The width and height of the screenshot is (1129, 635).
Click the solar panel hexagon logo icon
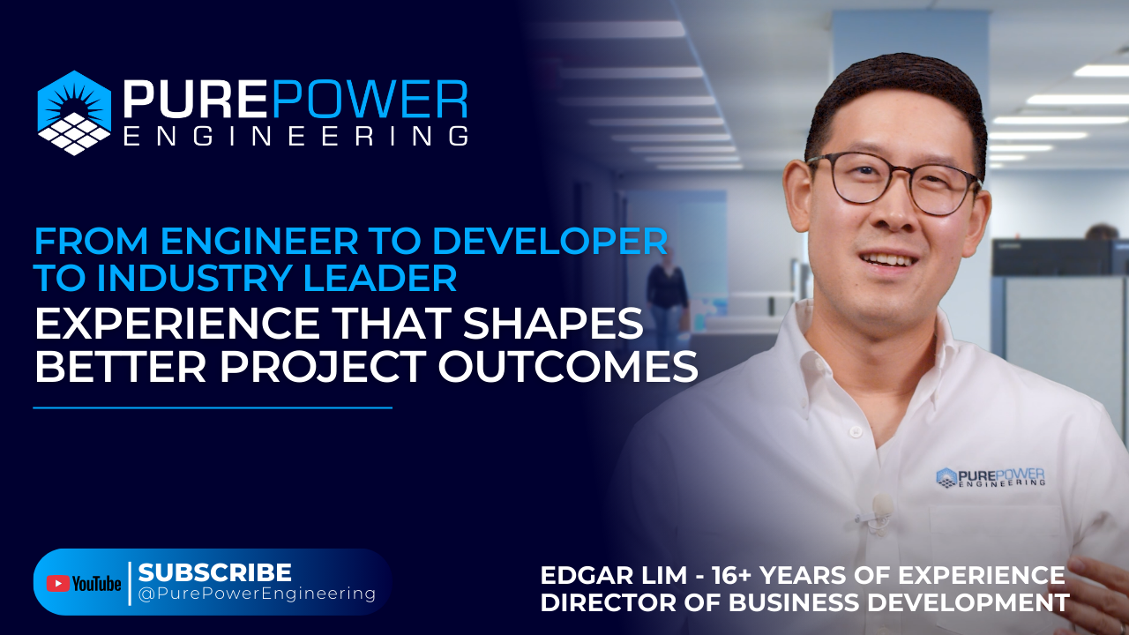pyautogui.click(x=74, y=112)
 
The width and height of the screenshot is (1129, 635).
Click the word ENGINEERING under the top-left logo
pyautogui.click(x=295, y=136)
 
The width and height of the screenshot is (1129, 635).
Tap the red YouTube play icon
pyautogui.click(x=58, y=583)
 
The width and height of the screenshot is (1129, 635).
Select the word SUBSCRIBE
pyautogui.click(x=214, y=571)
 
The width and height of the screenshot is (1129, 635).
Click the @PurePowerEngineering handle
pyautogui.click(x=257, y=594)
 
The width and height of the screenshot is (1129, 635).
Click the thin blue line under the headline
pyautogui.click(x=212, y=407)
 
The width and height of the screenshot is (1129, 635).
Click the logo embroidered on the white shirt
pyautogui.click(x=990, y=477)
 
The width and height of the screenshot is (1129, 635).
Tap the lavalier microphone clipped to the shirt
pyautogui.click(x=880, y=506)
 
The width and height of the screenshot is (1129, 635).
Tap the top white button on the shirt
pyautogui.click(x=854, y=432)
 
